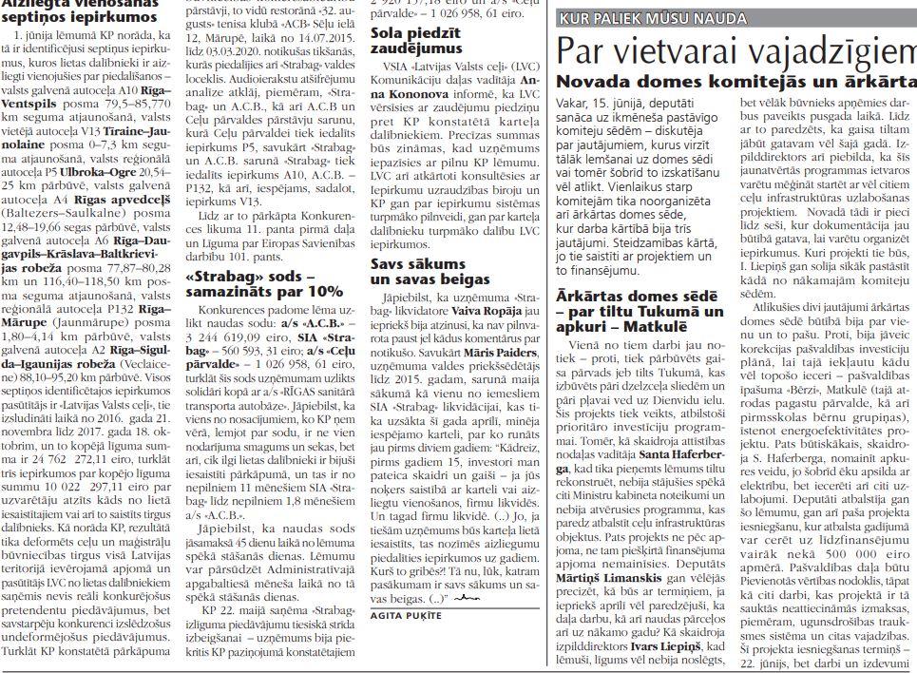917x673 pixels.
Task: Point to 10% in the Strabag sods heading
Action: tap(323, 291)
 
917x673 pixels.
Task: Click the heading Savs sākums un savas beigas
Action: tap(417, 271)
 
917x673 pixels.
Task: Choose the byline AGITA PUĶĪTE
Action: tap(407, 616)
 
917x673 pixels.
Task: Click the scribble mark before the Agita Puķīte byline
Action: tap(466, 599)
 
